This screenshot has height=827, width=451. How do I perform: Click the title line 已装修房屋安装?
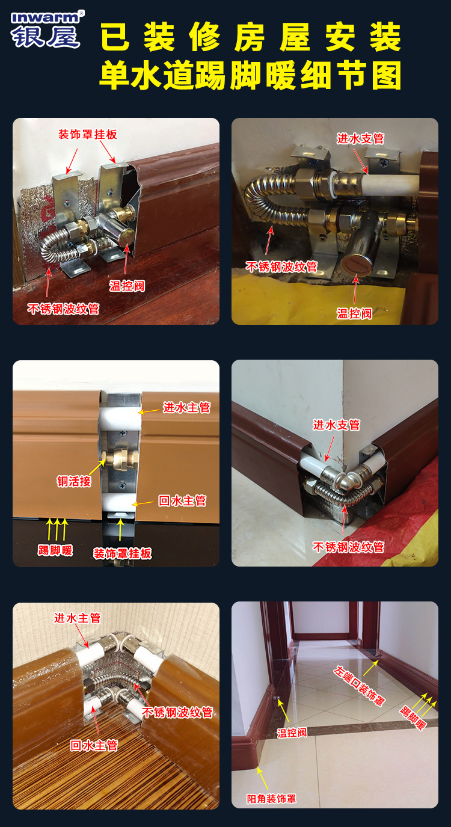[x=251, y=37]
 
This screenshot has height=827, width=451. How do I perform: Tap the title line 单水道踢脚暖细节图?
[x=250, y=76]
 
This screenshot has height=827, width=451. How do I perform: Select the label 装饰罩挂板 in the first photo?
[x=87, y=134]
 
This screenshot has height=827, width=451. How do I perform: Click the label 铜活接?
[x=74, y=481]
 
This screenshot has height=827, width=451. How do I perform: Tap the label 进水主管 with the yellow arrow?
[x=187, y=408]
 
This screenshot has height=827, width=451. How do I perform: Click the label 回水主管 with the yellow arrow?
[x=182, y=500]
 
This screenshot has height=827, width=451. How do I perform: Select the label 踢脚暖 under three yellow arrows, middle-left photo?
[x=55, y=550]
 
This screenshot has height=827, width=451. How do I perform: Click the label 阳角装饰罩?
[x=272, y=799]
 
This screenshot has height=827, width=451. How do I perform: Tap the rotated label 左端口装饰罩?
[x=360, y=686]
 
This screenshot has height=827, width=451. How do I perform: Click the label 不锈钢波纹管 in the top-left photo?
[x=63, y=309]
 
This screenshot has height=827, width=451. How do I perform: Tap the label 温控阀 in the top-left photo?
[x=127, y=286]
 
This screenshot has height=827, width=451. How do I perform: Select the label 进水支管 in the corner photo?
[x=337, y=425]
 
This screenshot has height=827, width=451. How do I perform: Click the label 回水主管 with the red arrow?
[x=94, y=746]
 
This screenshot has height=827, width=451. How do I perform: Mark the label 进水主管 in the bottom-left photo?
[x=78, y=618]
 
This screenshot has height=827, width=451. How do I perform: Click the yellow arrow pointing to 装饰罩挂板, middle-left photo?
[x=120, y=530]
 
